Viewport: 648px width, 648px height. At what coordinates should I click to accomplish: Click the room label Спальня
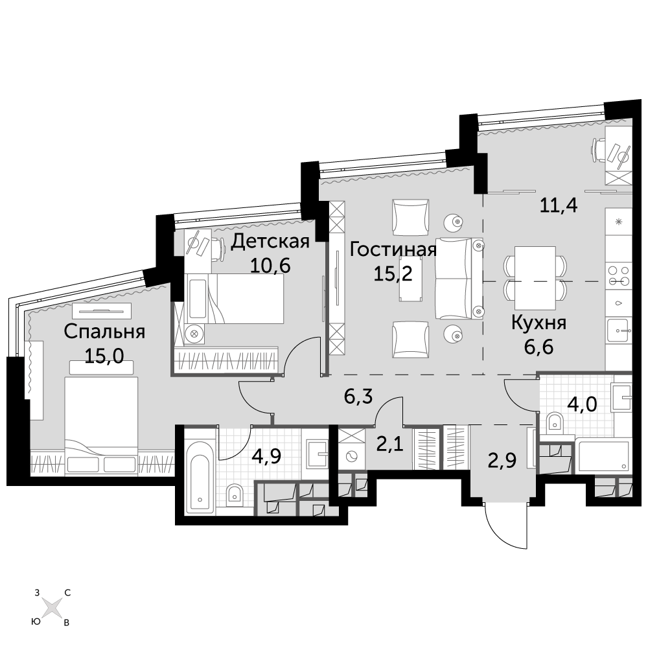pos(104,332)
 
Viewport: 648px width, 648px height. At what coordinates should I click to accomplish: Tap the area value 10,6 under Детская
pos(270,265)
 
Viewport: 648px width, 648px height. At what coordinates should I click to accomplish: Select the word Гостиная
pos(393,249)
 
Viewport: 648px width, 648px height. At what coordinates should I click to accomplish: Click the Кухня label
pos(538,323)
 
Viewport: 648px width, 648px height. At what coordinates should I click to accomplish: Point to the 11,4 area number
pos(559,205)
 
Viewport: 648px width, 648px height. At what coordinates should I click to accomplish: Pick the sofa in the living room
pos(459,279)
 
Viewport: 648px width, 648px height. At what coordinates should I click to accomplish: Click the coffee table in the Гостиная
pos(410,279)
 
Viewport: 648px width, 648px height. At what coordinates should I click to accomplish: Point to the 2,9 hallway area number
pos(502,460)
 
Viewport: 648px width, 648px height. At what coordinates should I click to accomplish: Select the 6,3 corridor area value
pos(358,397)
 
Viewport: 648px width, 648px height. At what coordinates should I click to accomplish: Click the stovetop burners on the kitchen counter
pos(619,276)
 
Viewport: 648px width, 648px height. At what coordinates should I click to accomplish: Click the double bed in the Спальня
pos(101,424)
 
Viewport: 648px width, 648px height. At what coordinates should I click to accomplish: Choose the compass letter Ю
pos(36,621)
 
